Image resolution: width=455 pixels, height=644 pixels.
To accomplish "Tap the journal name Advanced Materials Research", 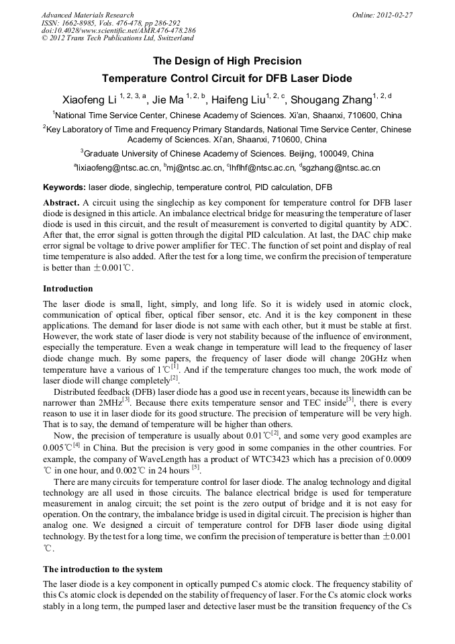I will click(87, 15).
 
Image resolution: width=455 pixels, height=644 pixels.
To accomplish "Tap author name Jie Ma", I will click(168, 101).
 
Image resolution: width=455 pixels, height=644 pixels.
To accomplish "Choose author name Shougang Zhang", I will click(332, 101).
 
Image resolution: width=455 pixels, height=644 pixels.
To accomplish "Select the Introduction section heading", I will click(68, 288).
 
